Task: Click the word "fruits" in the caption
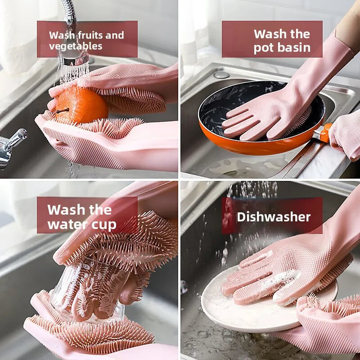coord(90,36)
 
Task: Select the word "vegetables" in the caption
coord(76,47)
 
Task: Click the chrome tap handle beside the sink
coord(12,147)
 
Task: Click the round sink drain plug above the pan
coord(221,75)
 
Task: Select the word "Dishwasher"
coord(274,217)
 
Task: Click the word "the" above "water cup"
coord(100,209)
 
